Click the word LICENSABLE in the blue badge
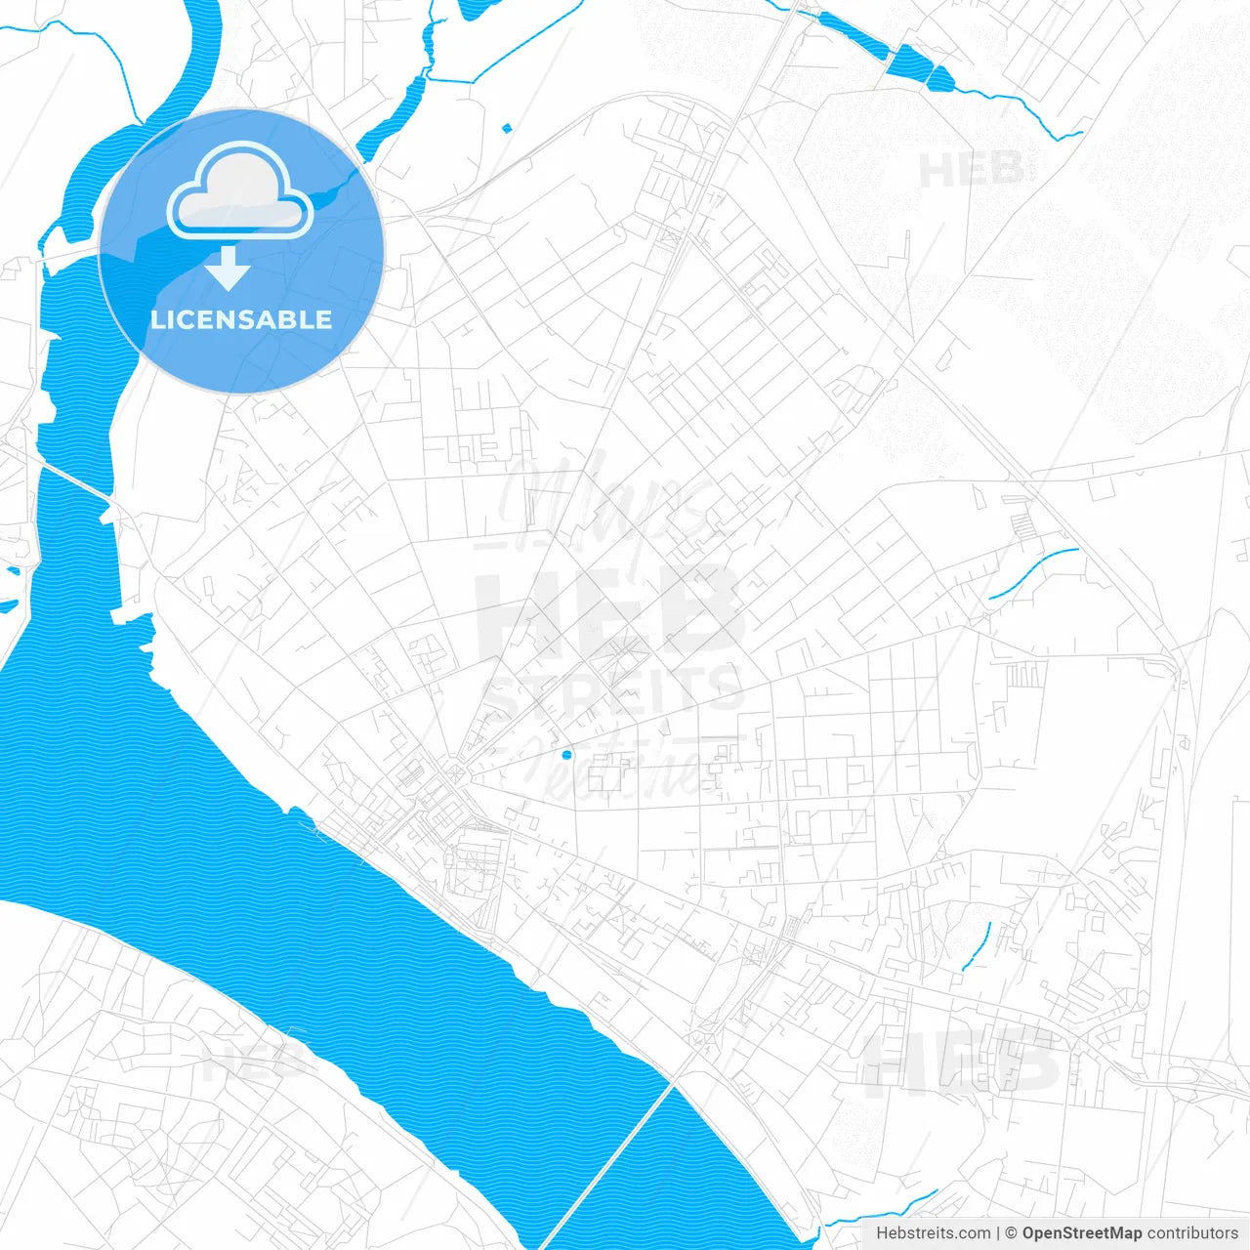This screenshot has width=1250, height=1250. point(241,319)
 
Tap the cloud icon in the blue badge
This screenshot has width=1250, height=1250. point(240,191)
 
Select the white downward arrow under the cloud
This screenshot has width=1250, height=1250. point(229,269)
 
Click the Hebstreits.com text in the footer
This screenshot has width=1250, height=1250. point(934,1233)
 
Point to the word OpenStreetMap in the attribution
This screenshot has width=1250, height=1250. point(1082,1233)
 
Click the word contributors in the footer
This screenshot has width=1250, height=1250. point(1192,1233)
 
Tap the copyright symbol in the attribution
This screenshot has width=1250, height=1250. point(1012,1233)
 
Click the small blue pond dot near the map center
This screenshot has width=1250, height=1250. point(566,755)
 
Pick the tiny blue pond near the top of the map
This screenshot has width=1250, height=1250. point(506,127)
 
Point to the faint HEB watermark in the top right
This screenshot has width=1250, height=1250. point(971,170)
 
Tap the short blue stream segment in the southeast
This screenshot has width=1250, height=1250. point(978,946)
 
